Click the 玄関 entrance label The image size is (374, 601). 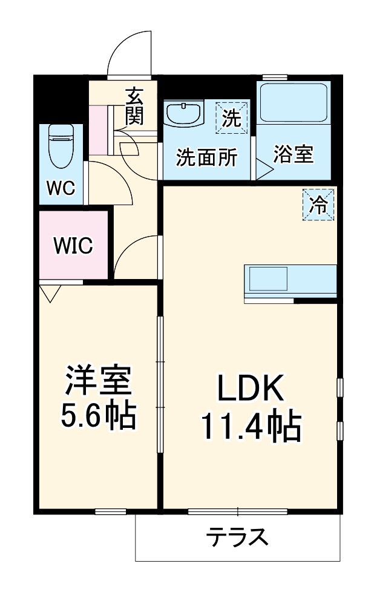click(134, 105)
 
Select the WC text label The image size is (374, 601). click(61, 188)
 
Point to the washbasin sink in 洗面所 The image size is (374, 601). click(184, 114)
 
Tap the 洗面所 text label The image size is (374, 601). click(206, 157)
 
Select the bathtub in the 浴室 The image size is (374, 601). click(294, 104)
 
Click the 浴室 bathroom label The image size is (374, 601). click(294, 154)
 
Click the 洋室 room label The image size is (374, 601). click(98, 381)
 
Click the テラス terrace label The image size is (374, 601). click(237, 536)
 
